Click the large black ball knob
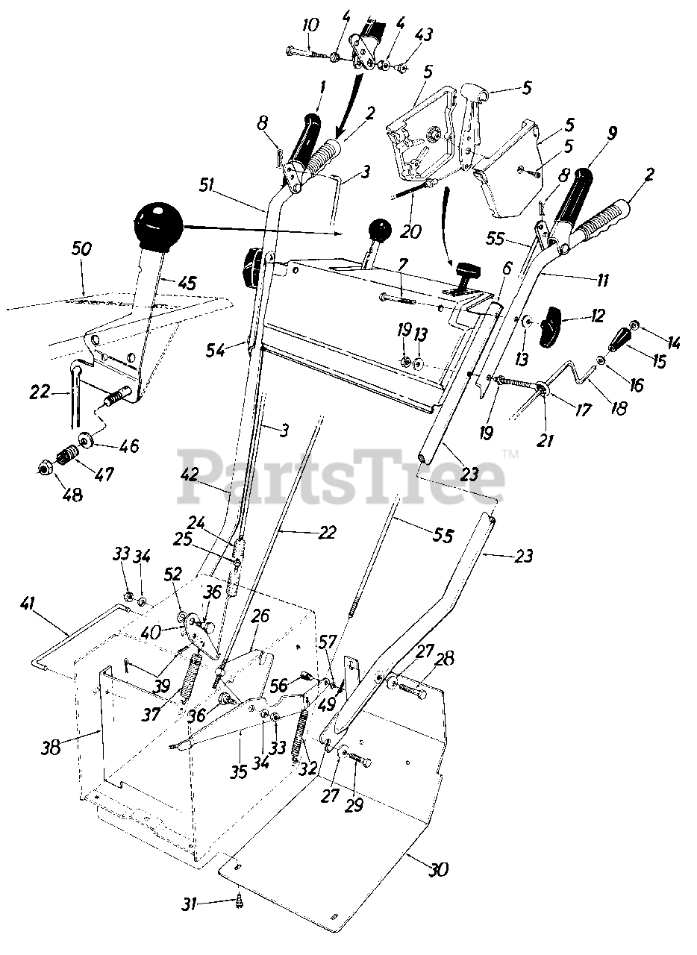[157, 222]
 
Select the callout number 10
[310, 25]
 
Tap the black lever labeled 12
[551, 325]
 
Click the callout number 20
[410, 231]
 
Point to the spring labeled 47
[68, 453]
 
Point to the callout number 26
[260, 616]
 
